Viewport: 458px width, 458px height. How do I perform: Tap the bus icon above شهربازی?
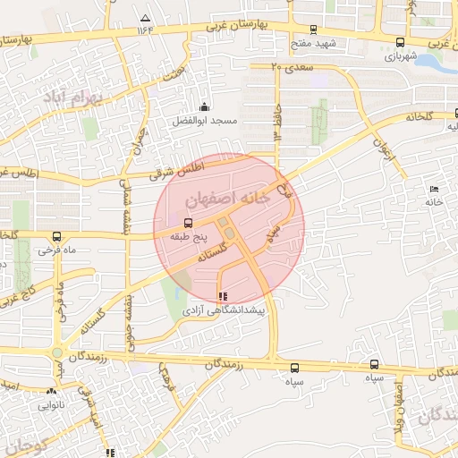pos(399,41)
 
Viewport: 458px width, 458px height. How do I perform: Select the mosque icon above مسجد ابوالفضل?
pos(205,107)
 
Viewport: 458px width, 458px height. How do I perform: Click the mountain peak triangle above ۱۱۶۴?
pos(145,18)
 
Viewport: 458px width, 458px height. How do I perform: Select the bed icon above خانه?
pos(435,189)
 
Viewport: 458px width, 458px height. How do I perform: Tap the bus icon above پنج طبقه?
pos(188,224)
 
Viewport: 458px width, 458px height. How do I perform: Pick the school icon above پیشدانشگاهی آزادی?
pos(222,295)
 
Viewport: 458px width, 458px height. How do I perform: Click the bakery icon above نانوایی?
pos(50,391)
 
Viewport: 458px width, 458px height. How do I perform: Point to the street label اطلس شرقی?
pos(184,167)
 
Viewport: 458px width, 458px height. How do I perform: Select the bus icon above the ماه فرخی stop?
pos(57,237)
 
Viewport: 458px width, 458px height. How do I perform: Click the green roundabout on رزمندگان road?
pos(57,353)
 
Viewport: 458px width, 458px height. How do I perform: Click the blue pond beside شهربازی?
pos(431,62)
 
